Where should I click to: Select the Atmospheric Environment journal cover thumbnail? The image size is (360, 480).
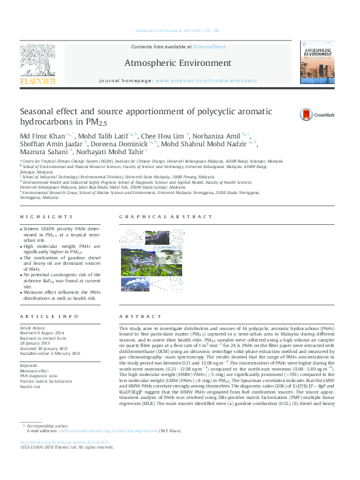317,62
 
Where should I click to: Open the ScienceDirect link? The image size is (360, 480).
209,47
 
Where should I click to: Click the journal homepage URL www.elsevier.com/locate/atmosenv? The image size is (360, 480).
206,80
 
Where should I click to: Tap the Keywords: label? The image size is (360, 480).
30,365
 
